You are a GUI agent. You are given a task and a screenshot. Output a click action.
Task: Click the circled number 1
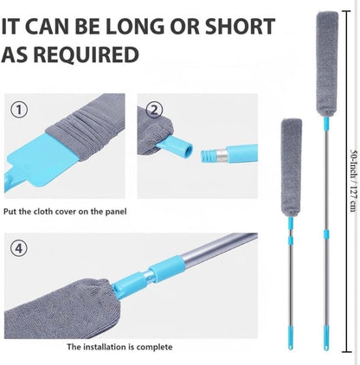coord(19,110)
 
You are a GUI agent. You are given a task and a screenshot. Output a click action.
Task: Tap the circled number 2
coord(154,110)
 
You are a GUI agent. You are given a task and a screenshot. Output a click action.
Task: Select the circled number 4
coord(19,248)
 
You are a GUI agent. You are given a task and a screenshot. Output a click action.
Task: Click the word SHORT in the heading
coord(240,26)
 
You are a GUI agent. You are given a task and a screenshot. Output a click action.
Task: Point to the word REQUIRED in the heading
coord(87,54)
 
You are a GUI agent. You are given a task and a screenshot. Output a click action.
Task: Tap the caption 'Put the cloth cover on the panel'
coord(65,211)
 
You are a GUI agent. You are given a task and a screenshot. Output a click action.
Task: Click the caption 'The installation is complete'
coord(119,347)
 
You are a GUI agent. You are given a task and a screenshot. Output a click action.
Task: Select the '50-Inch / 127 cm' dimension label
coord(354,181)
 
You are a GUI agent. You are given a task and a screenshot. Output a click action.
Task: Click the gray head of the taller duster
coord(327,64)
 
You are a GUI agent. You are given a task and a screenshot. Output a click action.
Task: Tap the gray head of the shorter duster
coord(292,168)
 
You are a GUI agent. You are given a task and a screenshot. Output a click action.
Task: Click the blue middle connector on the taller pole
coord(326,234)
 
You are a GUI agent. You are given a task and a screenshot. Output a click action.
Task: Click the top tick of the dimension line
coord(346,11)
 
